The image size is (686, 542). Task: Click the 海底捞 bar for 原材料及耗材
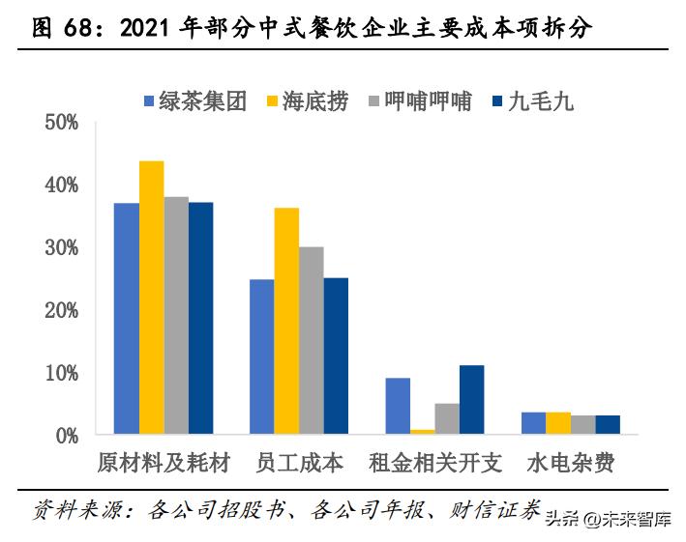click(x=151, y=297)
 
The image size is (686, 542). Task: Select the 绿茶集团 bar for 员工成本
click(x=262, y=357)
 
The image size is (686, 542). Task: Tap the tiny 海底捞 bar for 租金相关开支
click(x=423, y=431)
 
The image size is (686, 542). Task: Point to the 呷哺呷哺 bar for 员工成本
click(x=311, y=340)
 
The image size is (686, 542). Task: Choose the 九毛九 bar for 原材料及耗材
click(x=200, y=318)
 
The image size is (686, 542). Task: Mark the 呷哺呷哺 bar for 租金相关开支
click(x=447, y=418)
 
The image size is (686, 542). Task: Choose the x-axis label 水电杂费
click(x=570, y=464)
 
